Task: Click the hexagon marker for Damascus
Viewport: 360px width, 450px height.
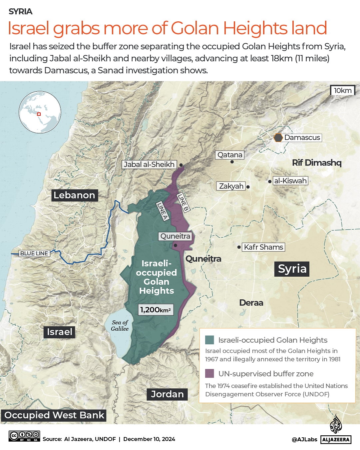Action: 278,138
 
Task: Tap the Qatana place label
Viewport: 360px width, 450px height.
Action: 230,155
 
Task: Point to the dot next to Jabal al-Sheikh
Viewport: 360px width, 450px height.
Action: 181,165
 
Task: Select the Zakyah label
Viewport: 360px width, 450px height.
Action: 231,186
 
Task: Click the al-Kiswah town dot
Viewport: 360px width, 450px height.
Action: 270,181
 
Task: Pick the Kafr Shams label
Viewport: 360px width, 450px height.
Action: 263,247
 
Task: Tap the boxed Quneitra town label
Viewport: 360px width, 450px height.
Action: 175,236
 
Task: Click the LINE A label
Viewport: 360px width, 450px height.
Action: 162,211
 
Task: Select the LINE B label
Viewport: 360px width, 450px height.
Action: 183,202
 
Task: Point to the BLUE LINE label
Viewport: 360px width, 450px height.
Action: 34,253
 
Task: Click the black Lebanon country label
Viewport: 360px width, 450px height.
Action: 74,195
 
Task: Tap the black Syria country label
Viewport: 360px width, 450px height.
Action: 292,269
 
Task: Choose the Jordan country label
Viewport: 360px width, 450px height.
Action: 167,394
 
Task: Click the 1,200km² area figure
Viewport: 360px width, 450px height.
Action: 156,310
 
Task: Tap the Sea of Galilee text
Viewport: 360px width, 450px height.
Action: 120,325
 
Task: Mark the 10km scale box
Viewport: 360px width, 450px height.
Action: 343,90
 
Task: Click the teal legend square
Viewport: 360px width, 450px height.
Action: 209,340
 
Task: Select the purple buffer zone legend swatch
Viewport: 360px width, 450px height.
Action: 209,373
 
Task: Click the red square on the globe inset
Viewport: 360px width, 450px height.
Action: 39,114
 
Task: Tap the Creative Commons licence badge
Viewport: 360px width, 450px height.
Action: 24,436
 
